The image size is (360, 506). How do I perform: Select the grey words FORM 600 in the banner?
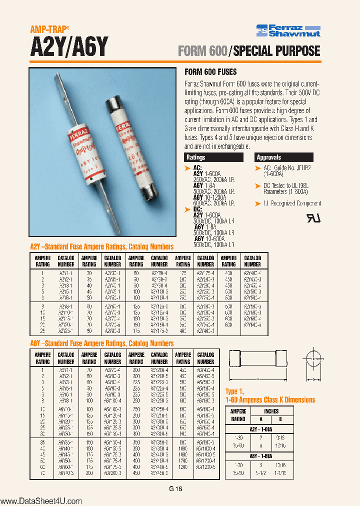click(x=202, y=50)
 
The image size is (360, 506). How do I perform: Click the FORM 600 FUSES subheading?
click(x=210, y=72)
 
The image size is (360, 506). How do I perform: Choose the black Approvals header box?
click(x=284, y=157)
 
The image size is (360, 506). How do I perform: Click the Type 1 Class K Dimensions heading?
click(x=270, y=396)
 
